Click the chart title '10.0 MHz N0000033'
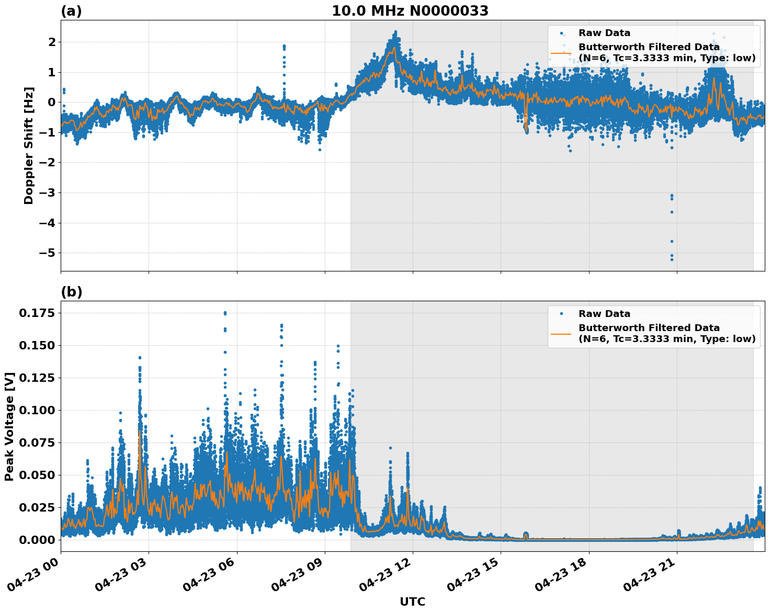point(410,11)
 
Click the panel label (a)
point(71,11)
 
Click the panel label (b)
point(71,292)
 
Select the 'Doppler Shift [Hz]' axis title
point(29,145)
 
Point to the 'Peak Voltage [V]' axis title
point(9,426)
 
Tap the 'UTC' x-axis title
point(412,601)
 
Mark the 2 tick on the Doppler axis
point(51,42)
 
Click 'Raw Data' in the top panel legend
point(604,33)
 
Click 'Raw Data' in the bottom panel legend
point(604,314)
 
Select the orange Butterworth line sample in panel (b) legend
point(561,333)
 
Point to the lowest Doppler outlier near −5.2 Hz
point(672,259)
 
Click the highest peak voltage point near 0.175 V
point(225,313)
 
